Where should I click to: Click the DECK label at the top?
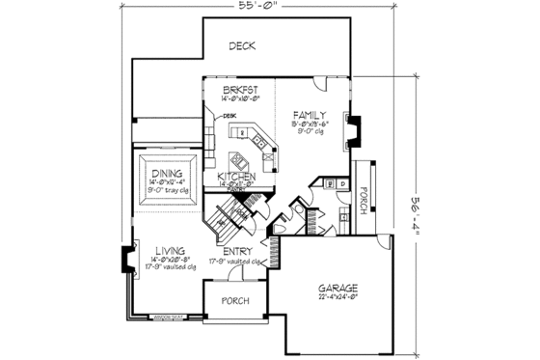click(x=242, y=46)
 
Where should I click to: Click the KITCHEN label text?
click(x=236, y=177)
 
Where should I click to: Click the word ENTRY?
click(x=237, y=251)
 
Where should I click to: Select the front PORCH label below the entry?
click(x=236, y=301)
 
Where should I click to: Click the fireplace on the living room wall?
click(x=124, y=261)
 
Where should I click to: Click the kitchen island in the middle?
click(x=240, y=155)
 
